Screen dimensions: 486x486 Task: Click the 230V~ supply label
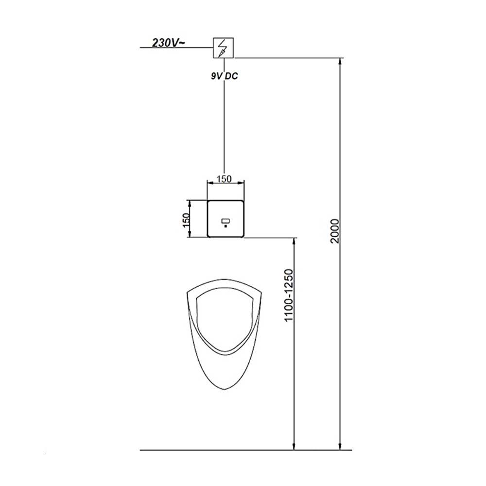click(169, 43)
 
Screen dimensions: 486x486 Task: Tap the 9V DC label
click(225, 76)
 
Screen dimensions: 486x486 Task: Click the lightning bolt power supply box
click(223, 48)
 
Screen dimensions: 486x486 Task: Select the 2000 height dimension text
click(335, 231)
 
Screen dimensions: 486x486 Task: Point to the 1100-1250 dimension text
click(289, 295)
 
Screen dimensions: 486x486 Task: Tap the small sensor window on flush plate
click(226, 221)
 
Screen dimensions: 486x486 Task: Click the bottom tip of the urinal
click(224, 389)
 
